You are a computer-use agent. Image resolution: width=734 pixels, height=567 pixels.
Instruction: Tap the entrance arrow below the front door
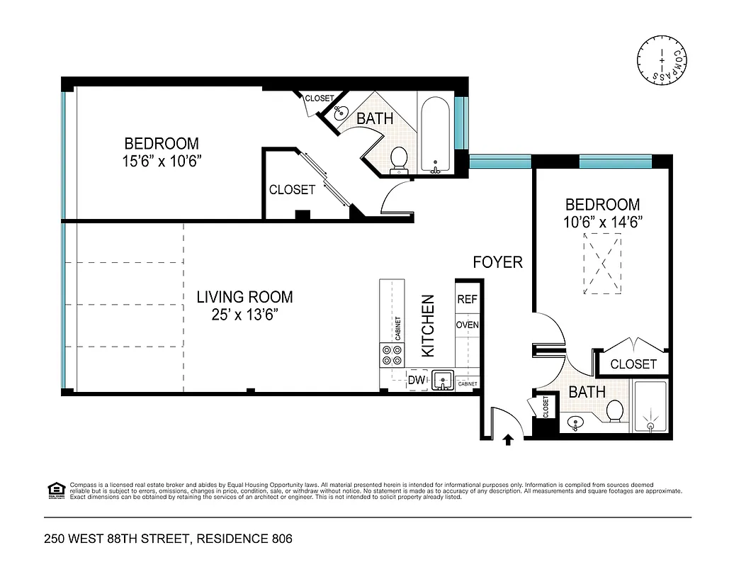(x=508, y=439)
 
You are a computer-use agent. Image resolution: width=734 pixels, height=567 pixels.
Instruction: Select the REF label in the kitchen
(x=467, y=300)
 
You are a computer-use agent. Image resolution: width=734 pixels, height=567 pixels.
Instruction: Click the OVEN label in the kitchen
(x=467, y=325)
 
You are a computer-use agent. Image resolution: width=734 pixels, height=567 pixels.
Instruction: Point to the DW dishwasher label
(x=417, y=381)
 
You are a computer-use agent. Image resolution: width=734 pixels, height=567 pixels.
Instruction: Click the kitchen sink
(x=443, y=381)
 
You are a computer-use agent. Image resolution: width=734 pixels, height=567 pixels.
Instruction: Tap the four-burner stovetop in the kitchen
(x=390, y=354)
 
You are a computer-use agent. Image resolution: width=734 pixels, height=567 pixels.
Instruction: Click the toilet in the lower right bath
(x=614, y=410)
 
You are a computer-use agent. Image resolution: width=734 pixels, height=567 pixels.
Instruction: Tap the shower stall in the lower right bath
(x=650, y=407)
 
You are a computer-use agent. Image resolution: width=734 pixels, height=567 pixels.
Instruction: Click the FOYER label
(x=497, y=262)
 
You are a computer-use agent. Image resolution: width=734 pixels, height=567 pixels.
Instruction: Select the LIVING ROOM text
(x=244, y=297)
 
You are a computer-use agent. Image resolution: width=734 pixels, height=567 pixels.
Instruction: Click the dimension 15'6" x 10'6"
(x=162, y=161)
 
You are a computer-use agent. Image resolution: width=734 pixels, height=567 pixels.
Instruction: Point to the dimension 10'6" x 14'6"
(x=602, y=222)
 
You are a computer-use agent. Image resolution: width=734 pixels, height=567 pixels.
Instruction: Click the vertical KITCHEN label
(x=428, y=326)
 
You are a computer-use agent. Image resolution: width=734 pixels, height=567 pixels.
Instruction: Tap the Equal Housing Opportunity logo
(x=54, y=488)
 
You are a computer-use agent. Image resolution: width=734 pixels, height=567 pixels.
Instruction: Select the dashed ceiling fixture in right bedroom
(x=602, y=264)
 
